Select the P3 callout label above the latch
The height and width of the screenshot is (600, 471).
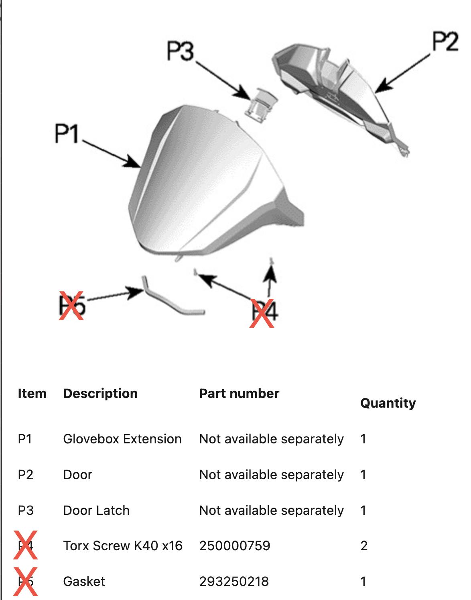click(180, 51)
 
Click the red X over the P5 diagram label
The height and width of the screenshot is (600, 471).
click(71, 306)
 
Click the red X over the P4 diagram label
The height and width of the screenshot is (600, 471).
click(262, 313)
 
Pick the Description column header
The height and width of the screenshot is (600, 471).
click(100, 393)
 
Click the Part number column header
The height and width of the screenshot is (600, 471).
click(239, 393)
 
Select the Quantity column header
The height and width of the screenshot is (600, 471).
click(388, 403)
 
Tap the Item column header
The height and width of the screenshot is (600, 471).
click(32, 393)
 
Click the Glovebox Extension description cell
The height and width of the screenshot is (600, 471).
click(122, 439)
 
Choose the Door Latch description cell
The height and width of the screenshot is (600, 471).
click(96, 510)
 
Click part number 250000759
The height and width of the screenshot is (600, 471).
click(235, 546)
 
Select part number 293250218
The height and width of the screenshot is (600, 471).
click(234, 582)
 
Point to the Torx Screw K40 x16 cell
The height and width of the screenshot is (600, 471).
click(123, 546)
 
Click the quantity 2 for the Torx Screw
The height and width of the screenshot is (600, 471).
click(364, 546)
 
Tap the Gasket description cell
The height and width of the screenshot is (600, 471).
click(84, 582)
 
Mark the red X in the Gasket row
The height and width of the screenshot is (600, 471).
click(26, 581)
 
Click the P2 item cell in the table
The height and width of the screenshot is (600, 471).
click(25, 475)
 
